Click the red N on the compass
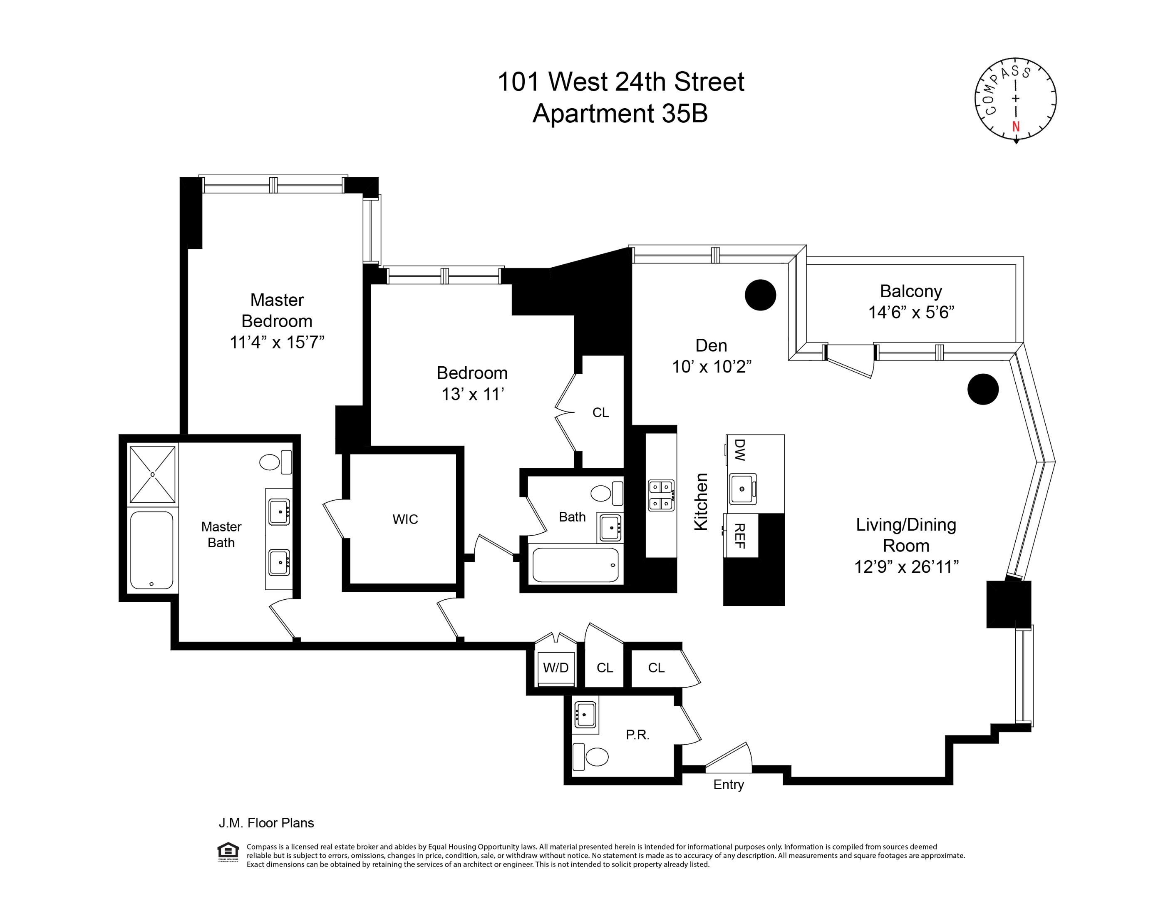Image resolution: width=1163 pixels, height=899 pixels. click(1016, 126)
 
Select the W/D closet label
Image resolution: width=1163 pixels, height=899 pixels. click(555, 668)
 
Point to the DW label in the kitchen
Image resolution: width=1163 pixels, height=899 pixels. click(740, 449)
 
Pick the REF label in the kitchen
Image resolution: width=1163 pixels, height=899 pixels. click(740, 535)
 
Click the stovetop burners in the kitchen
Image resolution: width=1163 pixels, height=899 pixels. click(660, 495)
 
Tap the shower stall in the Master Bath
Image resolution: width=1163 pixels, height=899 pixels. click(152, 474)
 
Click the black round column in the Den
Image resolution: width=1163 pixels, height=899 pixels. click(760, 295)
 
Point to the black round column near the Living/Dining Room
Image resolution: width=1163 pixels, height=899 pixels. click(982, 389)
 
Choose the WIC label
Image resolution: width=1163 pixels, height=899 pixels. click(405, 519)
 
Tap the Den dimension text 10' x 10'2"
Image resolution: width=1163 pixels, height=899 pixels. click(712, 366)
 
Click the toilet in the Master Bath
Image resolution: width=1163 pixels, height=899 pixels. click(274, 462)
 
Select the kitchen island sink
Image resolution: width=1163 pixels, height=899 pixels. click(742, 488)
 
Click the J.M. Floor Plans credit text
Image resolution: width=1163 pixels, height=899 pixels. click(266, 823)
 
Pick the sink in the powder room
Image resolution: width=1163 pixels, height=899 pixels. click(585, 714)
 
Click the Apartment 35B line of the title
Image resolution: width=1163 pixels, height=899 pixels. click(620, 114)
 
